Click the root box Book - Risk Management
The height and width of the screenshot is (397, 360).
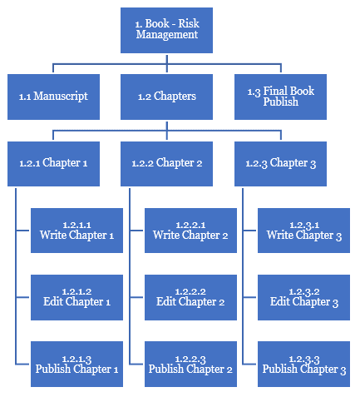click(166, 30)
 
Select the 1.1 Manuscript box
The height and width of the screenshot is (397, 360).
click(53, 97)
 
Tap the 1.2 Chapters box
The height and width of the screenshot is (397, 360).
click(166, 97)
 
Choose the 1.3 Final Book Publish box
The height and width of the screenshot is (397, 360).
click(280, 97)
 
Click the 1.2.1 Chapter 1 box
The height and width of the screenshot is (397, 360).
click(53, 164)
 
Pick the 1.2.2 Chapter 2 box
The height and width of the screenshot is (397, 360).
click(166, 164)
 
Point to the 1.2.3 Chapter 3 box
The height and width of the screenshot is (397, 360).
click(280, 164)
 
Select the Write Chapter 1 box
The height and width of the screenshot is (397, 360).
click(76, 231)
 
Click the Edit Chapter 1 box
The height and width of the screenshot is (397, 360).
click(76, 297)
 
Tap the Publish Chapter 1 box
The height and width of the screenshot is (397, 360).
click(76, 364)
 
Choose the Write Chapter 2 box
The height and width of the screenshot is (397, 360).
click(190, 231)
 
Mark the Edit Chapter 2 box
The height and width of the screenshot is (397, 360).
click(190, 297)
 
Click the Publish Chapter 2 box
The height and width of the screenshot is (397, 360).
click(190, 364)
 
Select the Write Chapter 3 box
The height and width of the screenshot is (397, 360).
click(303, 231)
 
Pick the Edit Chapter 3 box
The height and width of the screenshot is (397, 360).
click(303, 297)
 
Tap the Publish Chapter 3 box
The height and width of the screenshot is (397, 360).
click(303, 364)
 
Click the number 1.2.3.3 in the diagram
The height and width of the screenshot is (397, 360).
click(304, 360)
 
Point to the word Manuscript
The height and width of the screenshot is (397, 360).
click(61, 97)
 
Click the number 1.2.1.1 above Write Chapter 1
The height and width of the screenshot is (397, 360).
click(76, 225)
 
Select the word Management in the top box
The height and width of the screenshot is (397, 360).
click(167, 35)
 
